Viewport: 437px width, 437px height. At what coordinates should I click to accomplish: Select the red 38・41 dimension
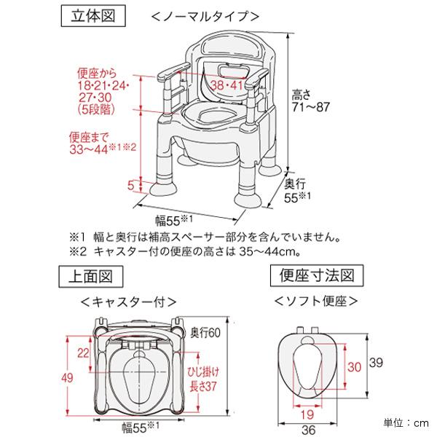click(227, 85)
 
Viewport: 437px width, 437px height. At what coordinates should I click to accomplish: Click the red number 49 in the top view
click(66, 376)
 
